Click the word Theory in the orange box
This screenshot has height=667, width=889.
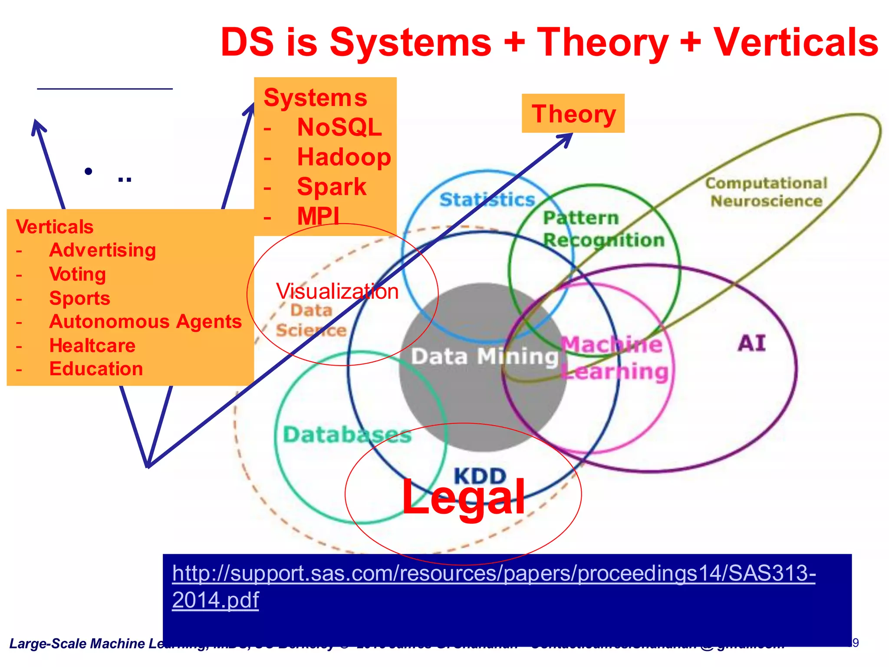click(573, 114)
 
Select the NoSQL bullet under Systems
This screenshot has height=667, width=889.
click(339, 127)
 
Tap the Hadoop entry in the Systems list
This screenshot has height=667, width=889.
click(344, 157)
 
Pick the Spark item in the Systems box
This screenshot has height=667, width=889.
click(332, 187)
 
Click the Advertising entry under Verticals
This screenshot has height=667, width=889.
click(102, 250)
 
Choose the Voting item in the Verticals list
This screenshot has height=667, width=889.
click(77, 274)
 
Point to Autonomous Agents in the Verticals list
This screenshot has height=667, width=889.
click(145, 322)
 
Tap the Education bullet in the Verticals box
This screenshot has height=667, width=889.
click(96, 369)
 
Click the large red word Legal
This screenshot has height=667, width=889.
click(463, 497)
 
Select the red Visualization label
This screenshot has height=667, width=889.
click(337, 291)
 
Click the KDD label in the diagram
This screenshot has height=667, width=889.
click(480, 476)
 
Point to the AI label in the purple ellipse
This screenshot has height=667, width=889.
click(751, 343)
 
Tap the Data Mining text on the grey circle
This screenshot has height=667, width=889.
click(484, 357)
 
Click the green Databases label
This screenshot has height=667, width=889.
click(347, 435)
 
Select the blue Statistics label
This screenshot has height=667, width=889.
click(487, 200)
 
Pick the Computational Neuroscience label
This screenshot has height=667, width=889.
click(766, 192)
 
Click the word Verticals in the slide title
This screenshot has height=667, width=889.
click(796, 43)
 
